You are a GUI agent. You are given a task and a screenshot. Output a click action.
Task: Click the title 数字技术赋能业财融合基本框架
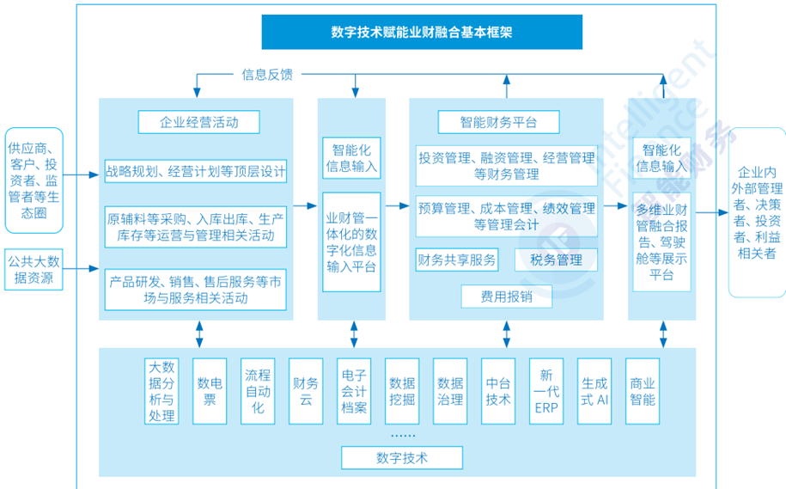tap(421, 33)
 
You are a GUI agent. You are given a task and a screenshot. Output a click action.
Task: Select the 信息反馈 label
tap(267, 75)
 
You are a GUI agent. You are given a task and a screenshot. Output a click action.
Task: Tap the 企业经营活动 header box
tap(198, 123)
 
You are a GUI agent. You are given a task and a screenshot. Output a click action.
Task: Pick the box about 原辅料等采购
tap(196, 225)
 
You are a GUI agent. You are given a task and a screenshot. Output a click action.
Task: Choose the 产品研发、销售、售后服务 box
tap(196, 290)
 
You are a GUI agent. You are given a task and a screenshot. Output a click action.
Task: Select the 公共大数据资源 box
tap(33, 269)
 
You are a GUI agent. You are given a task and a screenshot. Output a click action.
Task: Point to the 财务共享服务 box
tap(457, 260)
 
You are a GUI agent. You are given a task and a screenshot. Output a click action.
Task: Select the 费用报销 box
tap(508, 296)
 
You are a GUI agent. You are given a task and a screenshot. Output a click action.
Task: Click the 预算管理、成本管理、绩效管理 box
tap(506, 217)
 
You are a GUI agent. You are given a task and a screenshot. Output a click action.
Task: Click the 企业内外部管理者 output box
tap(757, 212)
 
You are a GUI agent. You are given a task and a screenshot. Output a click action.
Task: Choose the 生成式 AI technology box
tap(594, 390)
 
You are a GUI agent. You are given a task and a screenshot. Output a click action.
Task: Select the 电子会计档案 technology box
tap(354, 390)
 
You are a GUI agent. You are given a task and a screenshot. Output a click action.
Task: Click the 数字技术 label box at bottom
tap(401, 457)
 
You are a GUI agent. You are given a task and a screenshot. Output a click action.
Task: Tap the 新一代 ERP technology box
tap(546, 390)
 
